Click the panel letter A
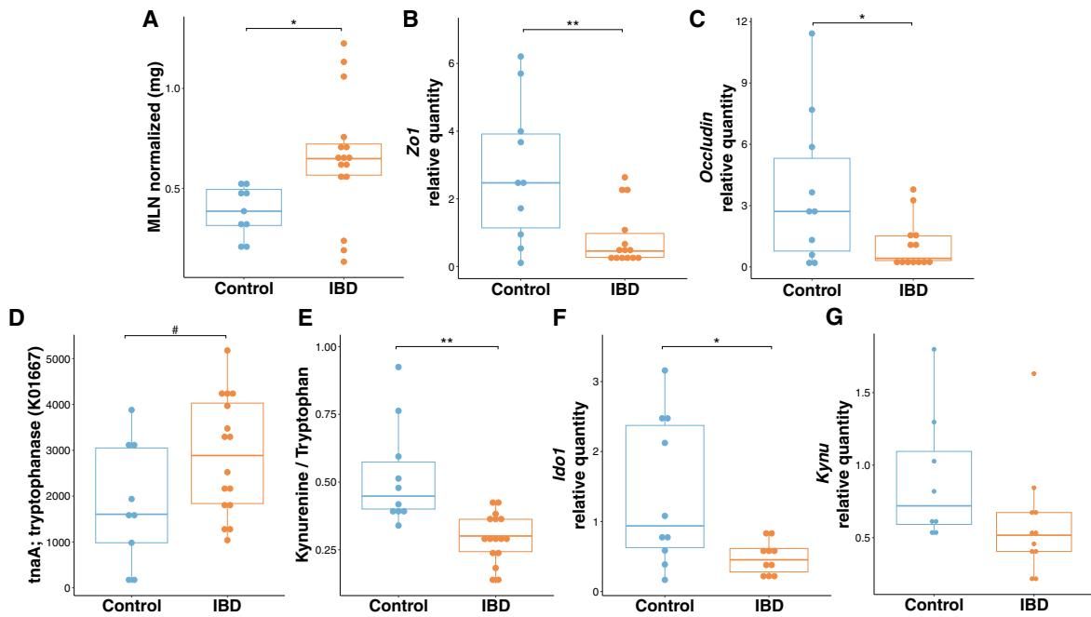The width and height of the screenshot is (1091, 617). pos(150,20)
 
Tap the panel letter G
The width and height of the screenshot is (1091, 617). pos(836,317)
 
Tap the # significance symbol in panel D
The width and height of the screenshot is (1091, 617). pos(175,329)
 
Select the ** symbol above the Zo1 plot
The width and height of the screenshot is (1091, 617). pos(572,23)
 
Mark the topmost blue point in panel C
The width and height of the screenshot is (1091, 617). pos(812,34)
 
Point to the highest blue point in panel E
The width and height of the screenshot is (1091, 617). pos(397,367)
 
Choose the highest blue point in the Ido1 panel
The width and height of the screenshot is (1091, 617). pos(665,370)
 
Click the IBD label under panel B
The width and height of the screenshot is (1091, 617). pos(624,288)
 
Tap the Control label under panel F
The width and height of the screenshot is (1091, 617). pos(665,605)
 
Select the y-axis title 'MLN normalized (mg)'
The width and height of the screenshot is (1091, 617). pos(156,147)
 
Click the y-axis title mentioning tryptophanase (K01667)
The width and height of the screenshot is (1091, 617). pos(35,465)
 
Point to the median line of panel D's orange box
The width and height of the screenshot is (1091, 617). pos(228,455)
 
